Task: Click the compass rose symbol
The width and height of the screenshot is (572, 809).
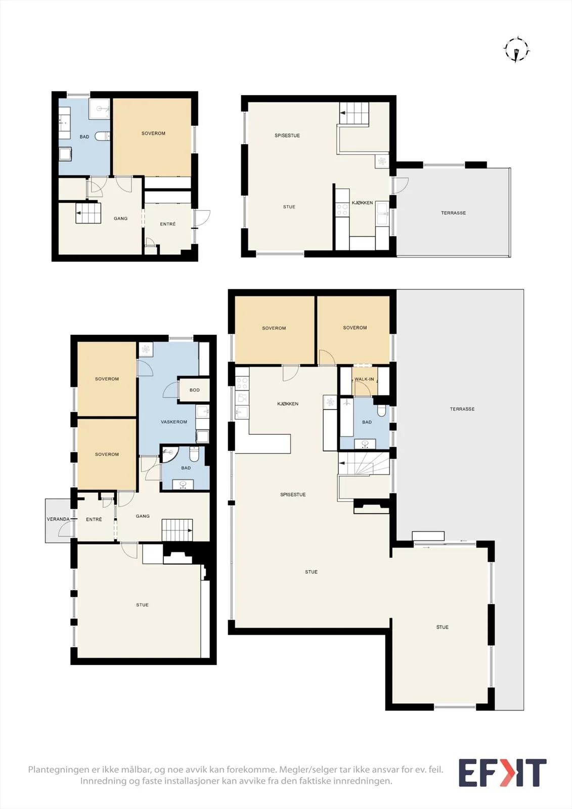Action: point(517,50)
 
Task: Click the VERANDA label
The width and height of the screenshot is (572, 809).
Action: point(58,519)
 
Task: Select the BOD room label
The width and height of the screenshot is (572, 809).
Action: point(194,390)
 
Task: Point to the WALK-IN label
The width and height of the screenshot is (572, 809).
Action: point(364,379)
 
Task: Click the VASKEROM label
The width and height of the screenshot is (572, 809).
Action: point(174,422)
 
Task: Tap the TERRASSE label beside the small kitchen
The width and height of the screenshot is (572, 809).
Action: point(454,213)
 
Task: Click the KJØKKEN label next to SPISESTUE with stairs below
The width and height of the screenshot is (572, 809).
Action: point(288,404)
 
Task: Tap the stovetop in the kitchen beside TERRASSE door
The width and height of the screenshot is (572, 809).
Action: point(342,210)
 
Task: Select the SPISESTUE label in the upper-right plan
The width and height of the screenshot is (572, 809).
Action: point(287,136)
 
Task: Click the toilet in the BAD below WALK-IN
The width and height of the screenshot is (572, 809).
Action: point(381,410)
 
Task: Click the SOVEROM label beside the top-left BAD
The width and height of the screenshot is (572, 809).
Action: point(154,133)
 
